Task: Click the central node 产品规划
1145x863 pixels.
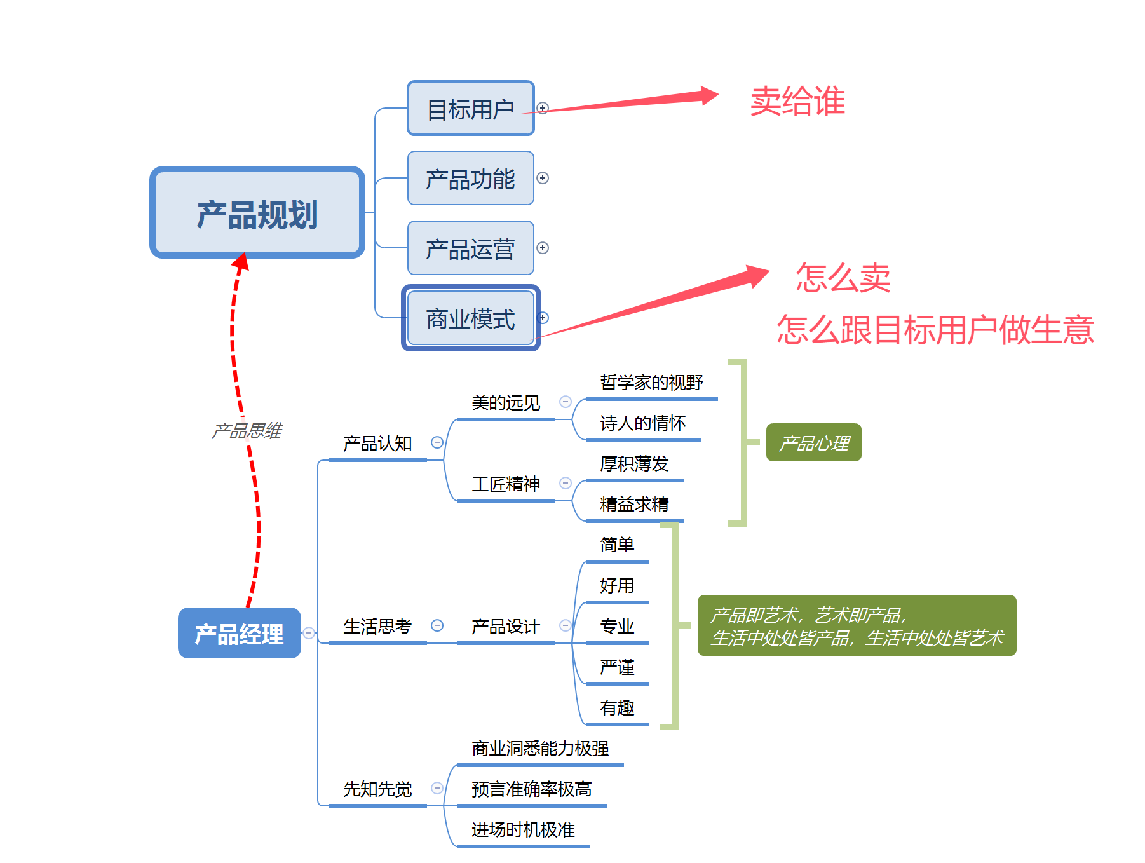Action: pos(257,213)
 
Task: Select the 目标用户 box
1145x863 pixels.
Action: pos(470,109)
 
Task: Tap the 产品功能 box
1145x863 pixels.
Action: pos(470,179)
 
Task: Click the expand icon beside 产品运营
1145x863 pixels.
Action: pos(543,248)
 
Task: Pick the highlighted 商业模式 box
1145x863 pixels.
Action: pos(470,318)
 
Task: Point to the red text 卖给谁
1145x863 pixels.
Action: pos(797,102)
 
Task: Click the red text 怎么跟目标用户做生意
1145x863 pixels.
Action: pos(935,330)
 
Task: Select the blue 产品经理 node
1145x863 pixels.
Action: pos(239,634)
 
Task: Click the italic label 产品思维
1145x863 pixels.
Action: pos(247,431)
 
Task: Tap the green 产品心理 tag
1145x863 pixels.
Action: pos(813,443)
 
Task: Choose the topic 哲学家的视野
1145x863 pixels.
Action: pos(651,383)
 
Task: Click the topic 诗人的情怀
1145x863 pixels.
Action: pos(642,423)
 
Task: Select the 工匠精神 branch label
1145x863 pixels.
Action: pos(505,484)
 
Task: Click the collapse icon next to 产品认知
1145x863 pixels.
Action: pos(437,442)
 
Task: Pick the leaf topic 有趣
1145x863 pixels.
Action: pos(617,708)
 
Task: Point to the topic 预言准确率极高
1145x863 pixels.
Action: pos(531,789)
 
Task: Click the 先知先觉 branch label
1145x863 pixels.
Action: pos(377,789)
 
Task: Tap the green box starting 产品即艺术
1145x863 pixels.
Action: pos(857,626)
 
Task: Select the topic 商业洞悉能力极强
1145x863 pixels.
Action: pos(540,749)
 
